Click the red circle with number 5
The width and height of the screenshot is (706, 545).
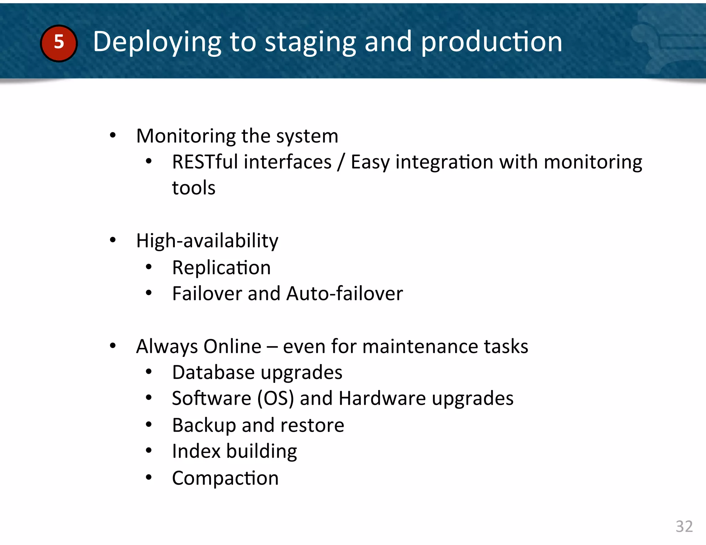pyautogui.click(x=59, y=43)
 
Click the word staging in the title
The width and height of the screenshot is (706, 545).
pyautogui.click(x=310, y=42)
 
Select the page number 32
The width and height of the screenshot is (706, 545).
pyautogui.click(x=684, y=526)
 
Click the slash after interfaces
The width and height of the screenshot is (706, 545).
pyautogui.click(x=341, y=162)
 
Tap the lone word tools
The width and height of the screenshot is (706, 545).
pyautogui.click(x=193, y=188)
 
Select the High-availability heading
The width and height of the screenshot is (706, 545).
pyautogui.click(x=207, y=240)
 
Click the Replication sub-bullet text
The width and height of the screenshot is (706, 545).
pyautogui.click(x=221, y=268)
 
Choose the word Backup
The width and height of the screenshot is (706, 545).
pyautogui.click(x=204, y=425)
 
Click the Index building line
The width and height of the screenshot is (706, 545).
pyautogui.click(x=234, y=451)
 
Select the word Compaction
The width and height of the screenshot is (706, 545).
pyautogui.click(x=225, y=478)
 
